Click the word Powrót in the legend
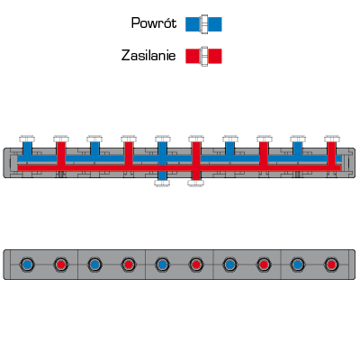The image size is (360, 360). click(x=154, y=23)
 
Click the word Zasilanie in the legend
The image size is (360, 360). click(x=148, y=56)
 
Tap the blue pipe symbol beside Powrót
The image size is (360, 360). click(x=203, y=24)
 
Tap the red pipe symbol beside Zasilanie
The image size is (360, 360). click(x=203, y=56)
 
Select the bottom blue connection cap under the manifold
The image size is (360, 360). click(x=162, y=183)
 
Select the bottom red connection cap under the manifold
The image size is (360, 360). click(x=196, y=183)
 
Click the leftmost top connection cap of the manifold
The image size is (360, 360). click(x=27, y=139)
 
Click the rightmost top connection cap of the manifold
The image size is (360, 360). click(x=332, y=139)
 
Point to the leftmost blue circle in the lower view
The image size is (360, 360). click(x=27, y=265)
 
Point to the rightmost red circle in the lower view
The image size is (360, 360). click(x=331, y=265)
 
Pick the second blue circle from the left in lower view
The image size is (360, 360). click(x=94, y=265)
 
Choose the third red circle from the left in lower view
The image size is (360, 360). click(x=196, y=265)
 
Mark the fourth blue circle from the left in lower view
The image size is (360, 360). click(x=229, y=265)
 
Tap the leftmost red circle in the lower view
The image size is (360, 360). click(x=61, y=265)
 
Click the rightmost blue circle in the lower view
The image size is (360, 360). click(x=298, y=265)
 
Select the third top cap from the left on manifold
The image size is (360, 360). click(x=94, y=139)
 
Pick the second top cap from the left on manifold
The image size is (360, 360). click(x=61, y=139)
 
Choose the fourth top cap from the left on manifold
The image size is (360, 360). click(x=129, y=139)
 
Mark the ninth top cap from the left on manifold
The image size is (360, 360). click(x=298, y=139)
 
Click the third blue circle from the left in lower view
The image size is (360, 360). click(x=162, y=265)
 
